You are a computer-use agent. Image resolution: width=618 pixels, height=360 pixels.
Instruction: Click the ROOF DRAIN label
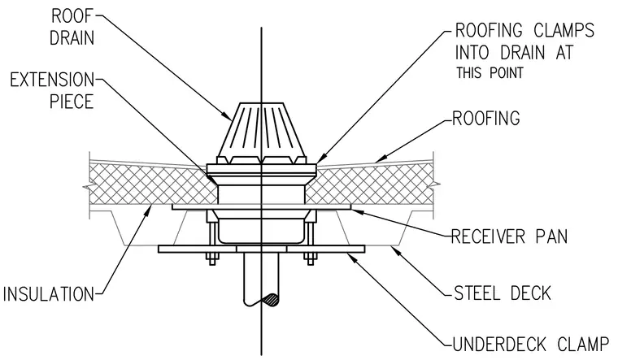pos(72,27)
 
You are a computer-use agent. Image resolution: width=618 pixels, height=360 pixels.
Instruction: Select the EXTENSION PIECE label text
pos(52,90)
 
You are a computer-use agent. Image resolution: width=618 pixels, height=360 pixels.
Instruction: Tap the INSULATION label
pos(49,294)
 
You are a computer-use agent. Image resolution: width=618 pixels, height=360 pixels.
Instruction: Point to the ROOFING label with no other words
pos(486,118)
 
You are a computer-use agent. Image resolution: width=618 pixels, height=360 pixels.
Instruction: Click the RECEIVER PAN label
pos(509,236)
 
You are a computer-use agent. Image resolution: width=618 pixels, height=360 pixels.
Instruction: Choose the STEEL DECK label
pos(503,293)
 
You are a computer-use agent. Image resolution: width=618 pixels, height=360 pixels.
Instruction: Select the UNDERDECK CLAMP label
pos(530,345)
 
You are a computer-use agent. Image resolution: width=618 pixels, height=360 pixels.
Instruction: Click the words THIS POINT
pos(490,73)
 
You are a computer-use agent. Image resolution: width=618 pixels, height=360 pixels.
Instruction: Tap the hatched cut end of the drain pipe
pos(271,300)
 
